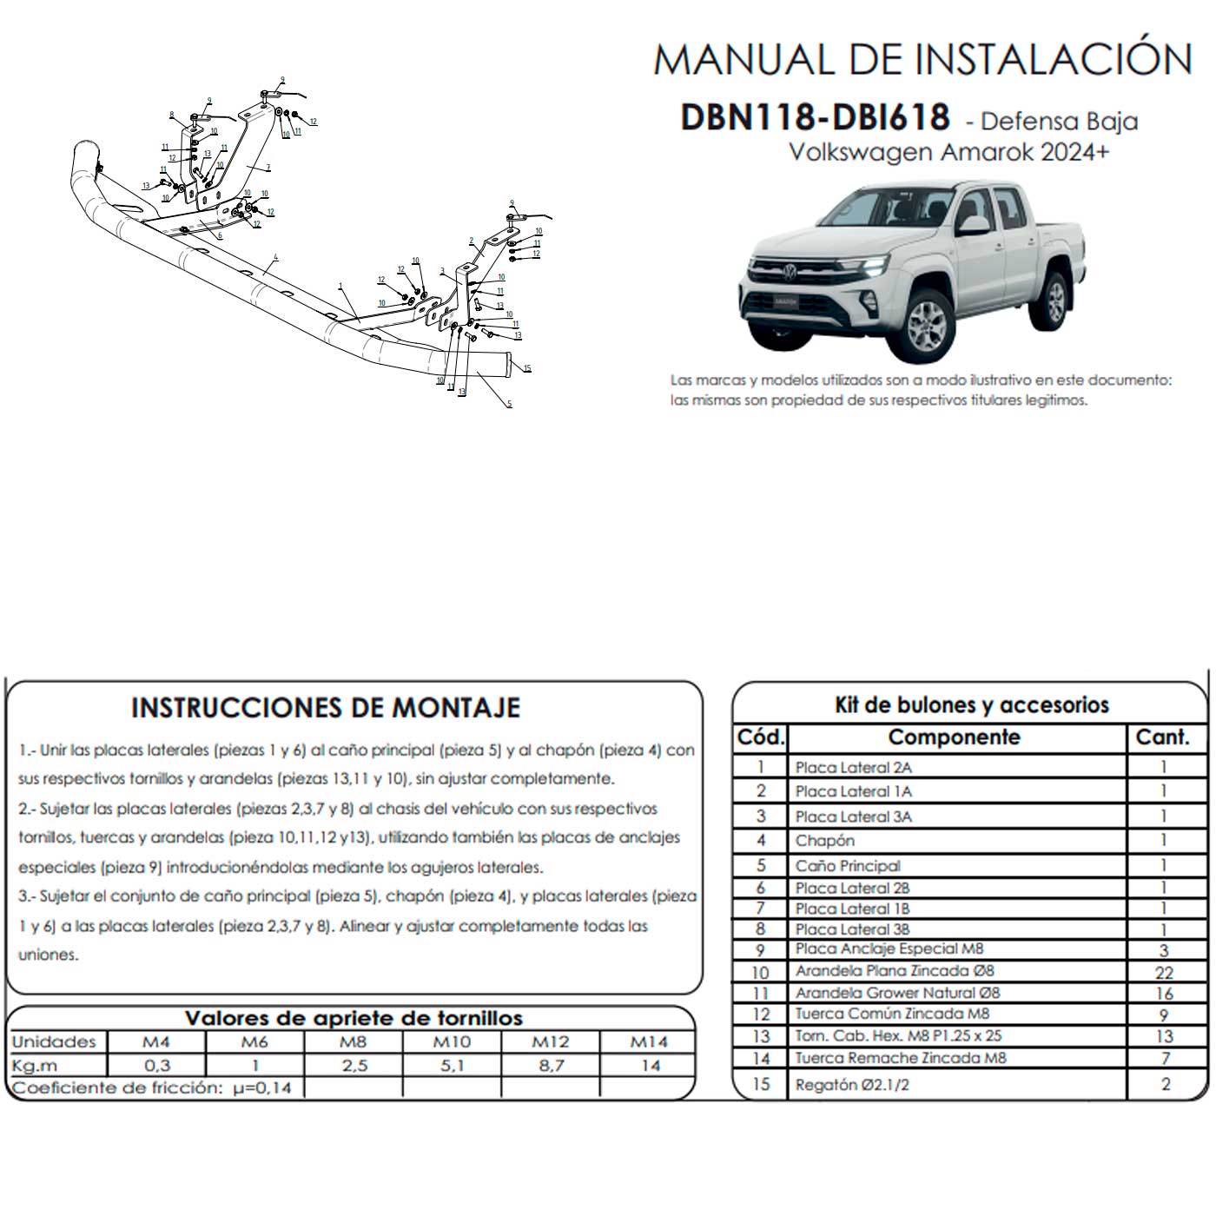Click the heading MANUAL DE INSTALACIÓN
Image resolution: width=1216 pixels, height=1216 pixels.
pyautogui.click(x=922, y=59)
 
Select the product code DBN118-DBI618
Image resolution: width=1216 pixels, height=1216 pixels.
pyautogui.click(x=815, y=117)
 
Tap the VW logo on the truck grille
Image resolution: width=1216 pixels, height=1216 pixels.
pyautogui.click(x=790, y=273)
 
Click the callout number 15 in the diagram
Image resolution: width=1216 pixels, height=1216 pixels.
pyautogui.click(x=527, y=369)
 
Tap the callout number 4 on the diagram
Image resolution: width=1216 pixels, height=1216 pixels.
pyautogui.click(x=275, y=258)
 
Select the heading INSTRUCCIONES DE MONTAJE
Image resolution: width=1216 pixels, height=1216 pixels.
pyautogui.click(x=326, y=708)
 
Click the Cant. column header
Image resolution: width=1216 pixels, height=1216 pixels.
pyautogui.click(x=1162, y=737)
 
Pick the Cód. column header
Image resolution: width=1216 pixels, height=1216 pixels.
pyautogui.click(x=760, y=737)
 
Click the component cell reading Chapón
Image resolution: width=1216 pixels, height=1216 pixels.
pyautogui.click(x=824, y=841)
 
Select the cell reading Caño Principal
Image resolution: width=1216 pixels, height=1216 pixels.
pyautogui.click(x=847, y=866)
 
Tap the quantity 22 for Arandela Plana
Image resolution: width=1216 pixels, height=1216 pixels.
pyautogui.click(x=1164, y=973)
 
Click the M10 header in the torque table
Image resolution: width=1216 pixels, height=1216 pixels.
pyautogui.click(x=452, y=1041)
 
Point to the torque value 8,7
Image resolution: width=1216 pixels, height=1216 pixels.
pyautogui.click(x=551, y=1065)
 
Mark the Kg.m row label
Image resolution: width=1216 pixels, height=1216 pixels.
pyautogui.click(x=35, y=1065)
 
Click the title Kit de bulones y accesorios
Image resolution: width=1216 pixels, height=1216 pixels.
pyautogui.click(x=971, y=704)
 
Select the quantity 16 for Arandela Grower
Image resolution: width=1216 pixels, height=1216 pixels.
pyautogui.click(x=1164, y=994)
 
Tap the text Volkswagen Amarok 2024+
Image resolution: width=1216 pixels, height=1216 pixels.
pyautogui.click(x=948, y=152)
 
